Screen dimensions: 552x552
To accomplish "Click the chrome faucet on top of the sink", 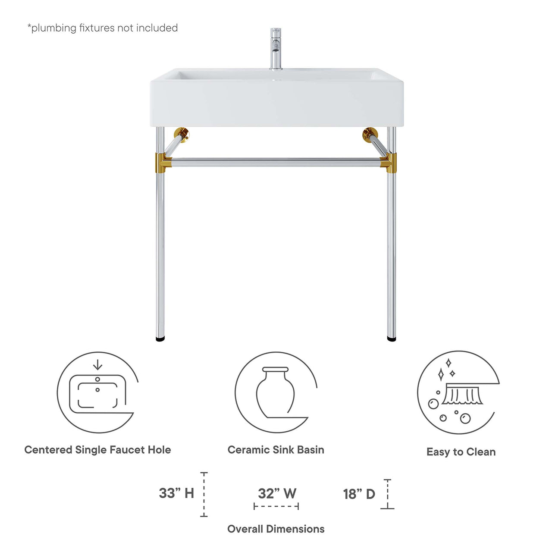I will coord(276,48).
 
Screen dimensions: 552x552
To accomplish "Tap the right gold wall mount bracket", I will coord(370,135).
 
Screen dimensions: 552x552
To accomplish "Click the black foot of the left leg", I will coord(160,339).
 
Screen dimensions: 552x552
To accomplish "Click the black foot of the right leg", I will coord(391,339).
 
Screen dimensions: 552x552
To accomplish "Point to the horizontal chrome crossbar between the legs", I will coord(276,163).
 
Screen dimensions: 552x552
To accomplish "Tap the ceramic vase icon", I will coord(275,392).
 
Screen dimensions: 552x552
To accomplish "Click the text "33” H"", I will coord(176,493).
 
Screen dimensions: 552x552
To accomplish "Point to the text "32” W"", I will coord(277,493).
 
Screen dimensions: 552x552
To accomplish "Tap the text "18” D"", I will coord(359,494).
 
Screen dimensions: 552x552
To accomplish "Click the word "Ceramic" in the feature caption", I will coord(246,450).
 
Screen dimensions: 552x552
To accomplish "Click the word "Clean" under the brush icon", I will coord(481,452).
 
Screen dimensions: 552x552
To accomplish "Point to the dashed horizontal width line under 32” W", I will coord(276,506).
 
